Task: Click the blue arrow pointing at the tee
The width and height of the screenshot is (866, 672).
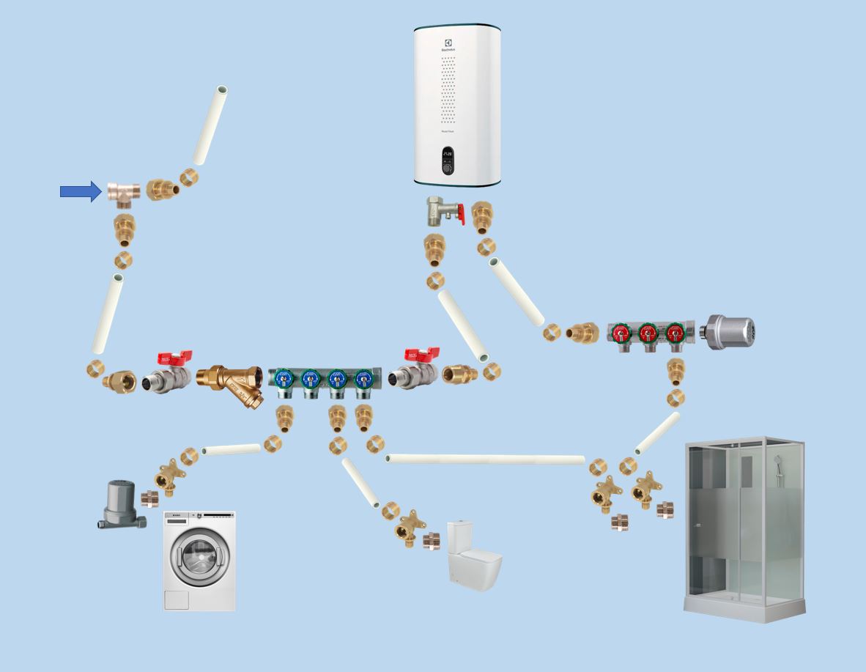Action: [80, 192]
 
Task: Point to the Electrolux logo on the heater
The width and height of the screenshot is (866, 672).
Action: [446, 45]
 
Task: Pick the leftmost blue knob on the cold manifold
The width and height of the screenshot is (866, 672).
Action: [284, 378]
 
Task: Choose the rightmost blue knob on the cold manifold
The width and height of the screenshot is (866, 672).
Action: [363, 378]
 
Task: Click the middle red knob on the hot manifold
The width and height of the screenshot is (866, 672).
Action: [648, 333]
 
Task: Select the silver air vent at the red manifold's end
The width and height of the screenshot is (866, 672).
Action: [728, 332]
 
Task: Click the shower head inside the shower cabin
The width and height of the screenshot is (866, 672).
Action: [777, 462]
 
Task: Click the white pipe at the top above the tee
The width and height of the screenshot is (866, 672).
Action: [210, 125]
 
